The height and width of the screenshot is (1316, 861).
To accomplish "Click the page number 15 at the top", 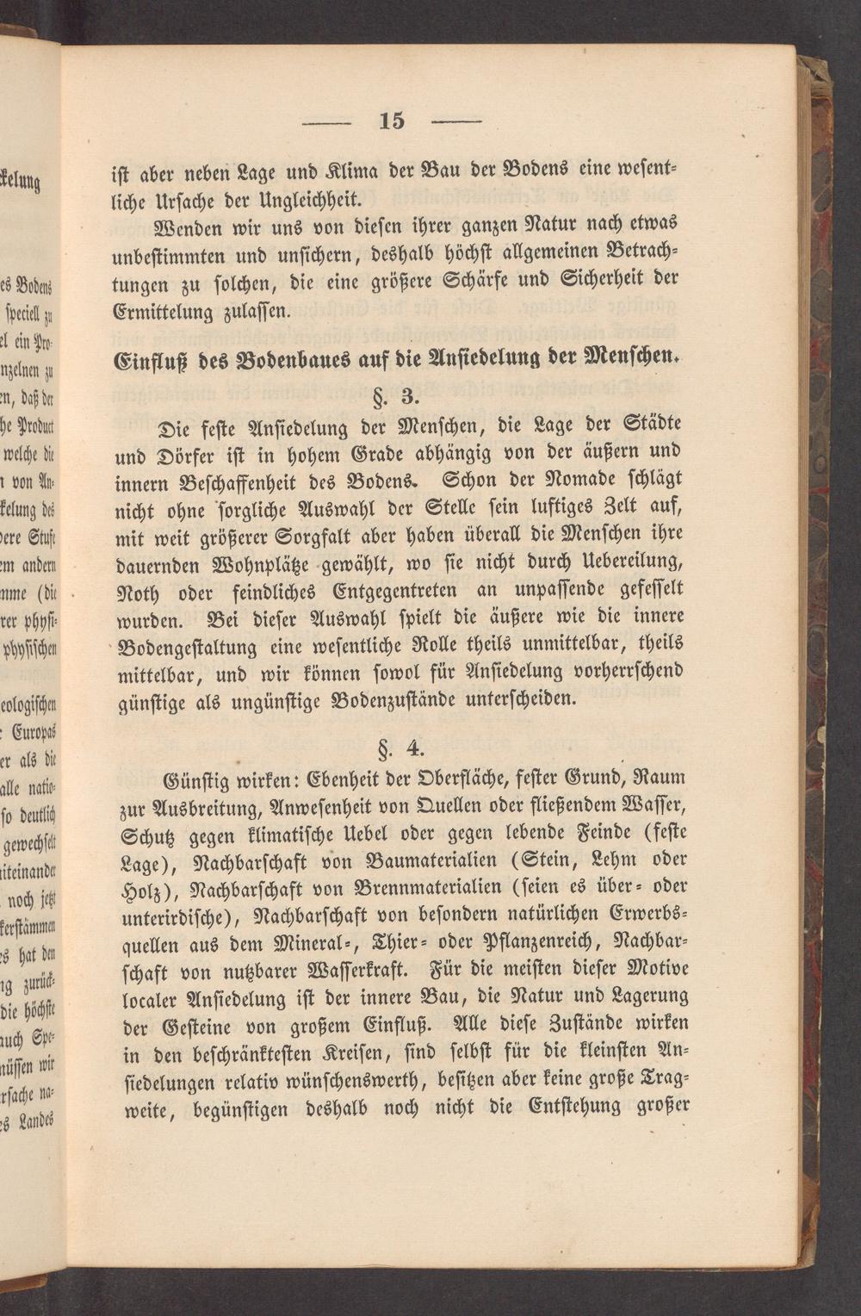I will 392,121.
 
